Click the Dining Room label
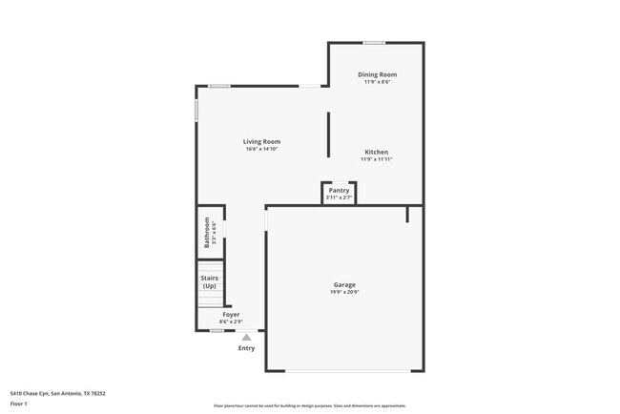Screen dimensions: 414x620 coord(377,74)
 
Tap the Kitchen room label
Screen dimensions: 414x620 coord(376,152)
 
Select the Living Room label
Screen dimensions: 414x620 coord(261,141)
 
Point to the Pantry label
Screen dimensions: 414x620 coord(339,190)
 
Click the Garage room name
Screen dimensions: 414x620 coord(344,284)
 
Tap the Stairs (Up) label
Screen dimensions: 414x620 coord(209,281)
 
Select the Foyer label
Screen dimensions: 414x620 coord(231,314)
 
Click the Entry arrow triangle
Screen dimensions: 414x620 coord(246,337)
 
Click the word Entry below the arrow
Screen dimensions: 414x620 coord(246,348)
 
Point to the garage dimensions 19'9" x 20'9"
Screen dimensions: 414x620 coord(344,292)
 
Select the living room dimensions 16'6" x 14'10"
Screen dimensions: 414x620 coord(261,149)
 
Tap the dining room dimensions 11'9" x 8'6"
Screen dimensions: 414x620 coord(377,82)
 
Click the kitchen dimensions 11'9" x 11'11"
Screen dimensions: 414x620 coord(376,159)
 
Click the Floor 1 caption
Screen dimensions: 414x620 coord(19,404)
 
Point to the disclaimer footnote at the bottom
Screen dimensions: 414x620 coord(309,405)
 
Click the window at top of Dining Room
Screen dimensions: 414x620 coord(374,42)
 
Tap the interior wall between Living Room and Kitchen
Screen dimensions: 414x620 coord(329,135)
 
